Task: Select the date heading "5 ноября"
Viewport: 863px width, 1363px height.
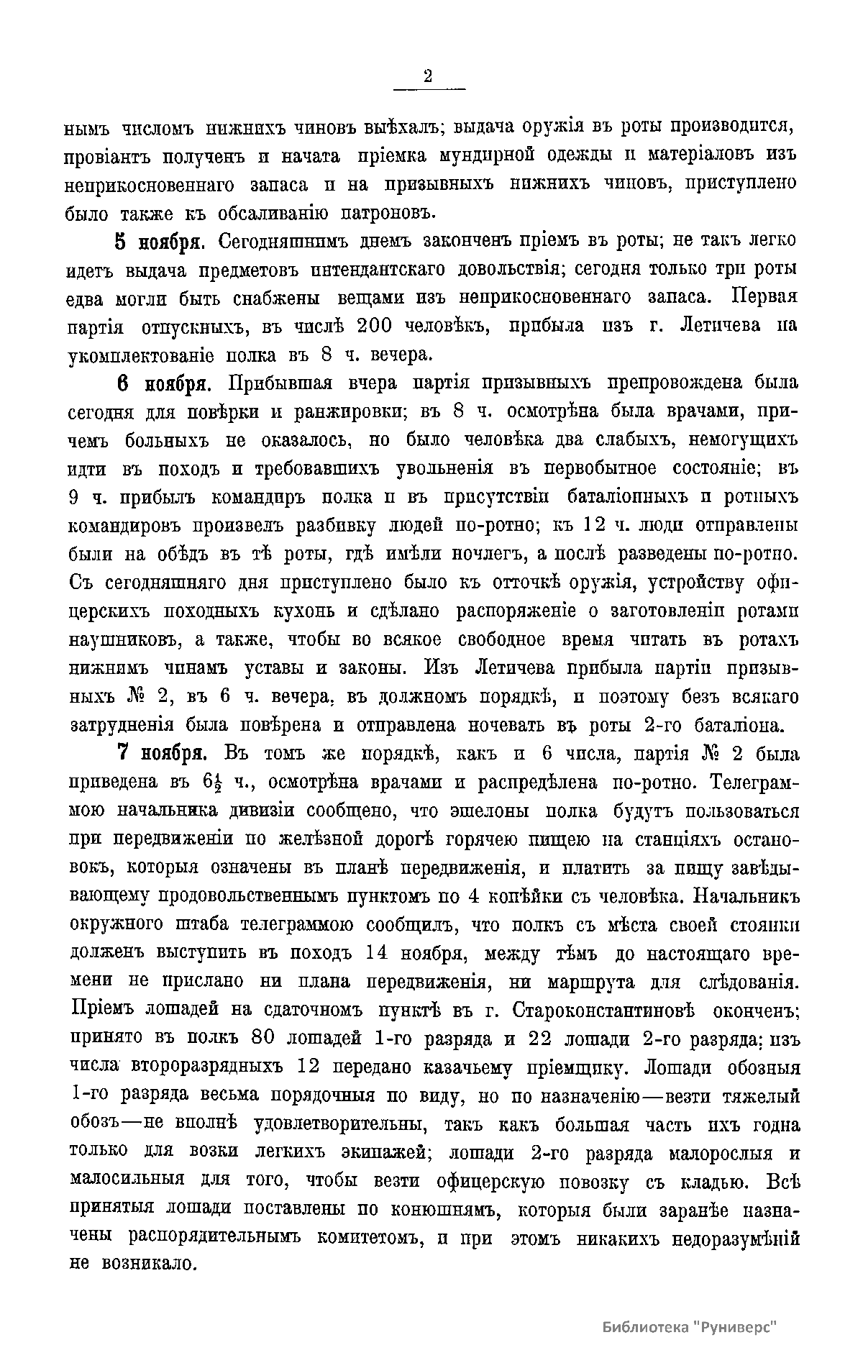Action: coord(158,240)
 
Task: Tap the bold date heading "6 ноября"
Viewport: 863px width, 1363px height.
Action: coord(162,383)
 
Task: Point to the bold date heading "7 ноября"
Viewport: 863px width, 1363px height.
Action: coord(163,754)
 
